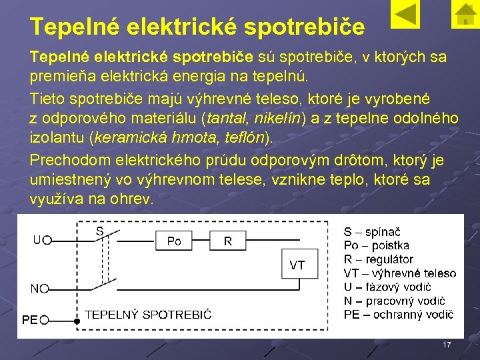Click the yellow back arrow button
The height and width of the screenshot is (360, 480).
click(x=404, y=15)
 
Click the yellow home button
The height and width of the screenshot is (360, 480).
click(x=462, y=15)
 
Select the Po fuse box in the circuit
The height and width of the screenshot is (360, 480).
click(x=174, y=241)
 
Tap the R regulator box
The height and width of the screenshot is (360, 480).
click(x=228, y=241)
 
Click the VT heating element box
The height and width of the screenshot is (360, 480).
click(x=297, y=265)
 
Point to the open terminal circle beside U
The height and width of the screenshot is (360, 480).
click(x=47, y=240)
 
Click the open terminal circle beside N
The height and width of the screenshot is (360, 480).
click(x=45, y=289)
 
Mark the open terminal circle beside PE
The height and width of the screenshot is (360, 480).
click(x=45, y=320)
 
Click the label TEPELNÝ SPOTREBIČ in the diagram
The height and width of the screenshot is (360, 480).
click(x=148, y=315)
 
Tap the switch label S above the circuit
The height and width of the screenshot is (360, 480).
click(x=99, y=231)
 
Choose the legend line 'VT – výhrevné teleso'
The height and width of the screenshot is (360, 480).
click(x=400, y=273)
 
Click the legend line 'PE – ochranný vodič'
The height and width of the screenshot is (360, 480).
click(x=399, y=314)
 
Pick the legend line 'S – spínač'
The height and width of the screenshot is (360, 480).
click(x=372, y=232)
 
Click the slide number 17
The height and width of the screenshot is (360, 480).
click(x=447, y=345)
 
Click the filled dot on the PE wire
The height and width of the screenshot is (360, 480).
click(x=77, y=321)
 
